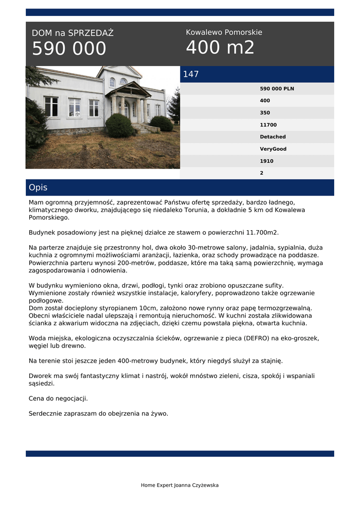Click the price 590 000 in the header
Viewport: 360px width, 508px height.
(69, 49)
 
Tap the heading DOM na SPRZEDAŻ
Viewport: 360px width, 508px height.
(72, 33)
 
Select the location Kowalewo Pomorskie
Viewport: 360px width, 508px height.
(224, 32)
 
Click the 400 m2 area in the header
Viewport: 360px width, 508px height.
(220, 48)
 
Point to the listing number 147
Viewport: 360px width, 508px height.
(191, 74)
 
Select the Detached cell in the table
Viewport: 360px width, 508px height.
(273, 137)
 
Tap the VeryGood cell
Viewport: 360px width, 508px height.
(273, 149)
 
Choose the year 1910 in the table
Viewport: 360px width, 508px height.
(267, 161)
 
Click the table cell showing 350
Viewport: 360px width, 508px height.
(265, 113)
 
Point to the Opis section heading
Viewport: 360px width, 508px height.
(38, 188)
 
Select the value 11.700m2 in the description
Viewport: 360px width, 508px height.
(261, 232)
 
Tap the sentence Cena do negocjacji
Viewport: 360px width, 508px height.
(58, 398)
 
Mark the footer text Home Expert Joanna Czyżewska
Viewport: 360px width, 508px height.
(180, 485)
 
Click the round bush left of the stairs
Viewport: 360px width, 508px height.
(119, 126)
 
